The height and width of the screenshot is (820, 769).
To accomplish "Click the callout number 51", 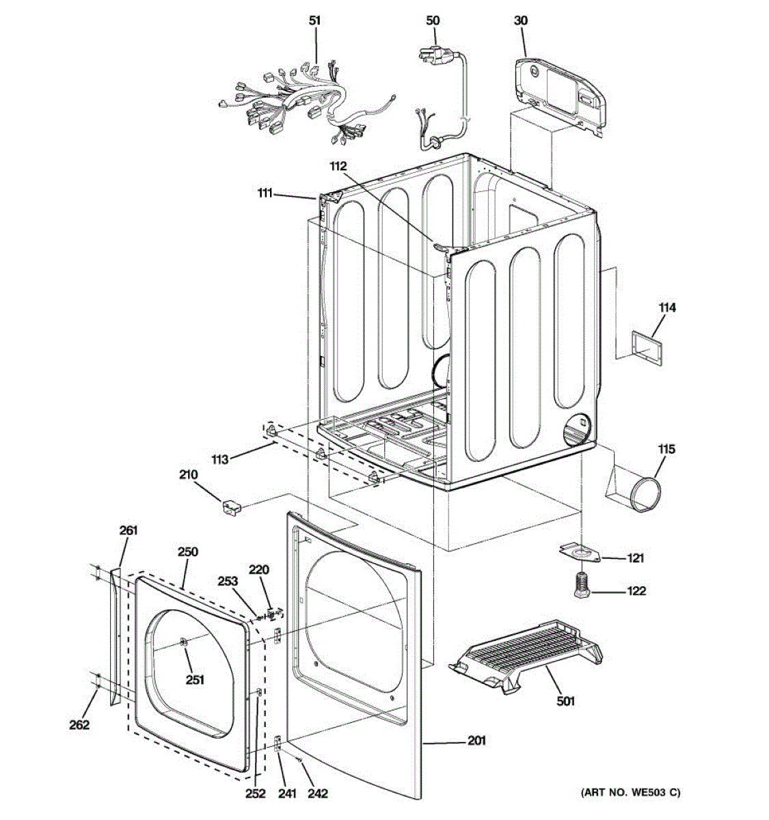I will point(314,21).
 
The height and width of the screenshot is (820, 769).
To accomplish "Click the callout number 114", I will point(667,308).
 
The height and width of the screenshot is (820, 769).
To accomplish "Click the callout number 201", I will point(476,740).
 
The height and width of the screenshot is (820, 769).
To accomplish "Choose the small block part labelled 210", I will point(230,508).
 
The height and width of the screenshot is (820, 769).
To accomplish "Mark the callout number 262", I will point(79,725).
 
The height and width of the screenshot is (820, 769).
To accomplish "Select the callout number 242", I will point(318,793).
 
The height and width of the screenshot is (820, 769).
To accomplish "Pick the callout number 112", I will point(338,165).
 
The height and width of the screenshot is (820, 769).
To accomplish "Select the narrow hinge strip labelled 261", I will point(113,635).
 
